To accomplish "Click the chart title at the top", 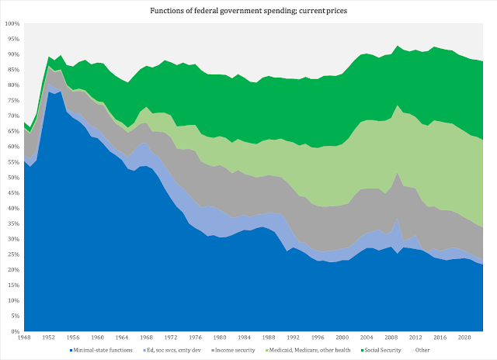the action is coord(248,11).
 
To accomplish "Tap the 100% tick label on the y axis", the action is coord(12,24).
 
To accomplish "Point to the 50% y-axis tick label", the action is coord(14,178).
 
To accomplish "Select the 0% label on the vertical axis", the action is coord(15,331).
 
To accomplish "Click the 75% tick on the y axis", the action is coord(14,101).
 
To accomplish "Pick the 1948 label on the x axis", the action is coord(24,337).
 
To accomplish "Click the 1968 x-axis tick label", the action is coord(146,337).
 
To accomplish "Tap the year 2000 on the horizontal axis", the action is coord(342,337).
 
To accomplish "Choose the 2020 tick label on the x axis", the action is coord(464,337).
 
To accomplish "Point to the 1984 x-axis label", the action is coord(244,337).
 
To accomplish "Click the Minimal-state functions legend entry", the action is coord(101,350).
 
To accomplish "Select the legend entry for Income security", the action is coord(233,350).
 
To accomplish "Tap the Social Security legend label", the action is coord(381,350).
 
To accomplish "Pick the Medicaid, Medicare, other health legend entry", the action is coord(308,350).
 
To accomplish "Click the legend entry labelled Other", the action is coord(421,350).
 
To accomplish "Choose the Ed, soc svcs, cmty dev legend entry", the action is coord(172,350).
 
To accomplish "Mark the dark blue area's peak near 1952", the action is coord(48,92).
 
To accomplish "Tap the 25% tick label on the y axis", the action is coord(14,254).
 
